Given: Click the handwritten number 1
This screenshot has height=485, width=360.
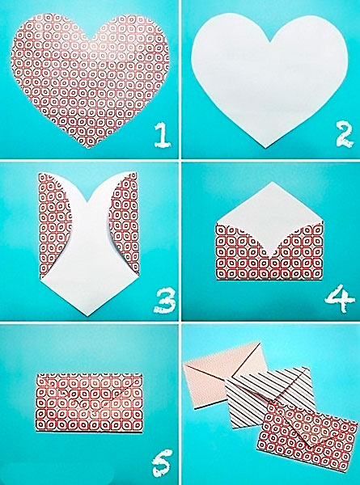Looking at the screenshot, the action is (163, 135).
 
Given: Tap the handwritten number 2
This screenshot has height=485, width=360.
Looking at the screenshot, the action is (345, 135).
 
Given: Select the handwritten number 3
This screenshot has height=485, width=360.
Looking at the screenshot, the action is (164, 301).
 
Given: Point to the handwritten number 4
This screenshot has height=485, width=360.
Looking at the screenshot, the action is (340, 298).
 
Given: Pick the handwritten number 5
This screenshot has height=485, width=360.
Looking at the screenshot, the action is (162, 463).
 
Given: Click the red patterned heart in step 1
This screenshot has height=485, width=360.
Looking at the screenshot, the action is (90, 78).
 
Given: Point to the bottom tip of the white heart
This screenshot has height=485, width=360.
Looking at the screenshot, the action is (265, 148).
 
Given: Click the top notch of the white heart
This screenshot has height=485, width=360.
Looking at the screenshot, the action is (271, 42).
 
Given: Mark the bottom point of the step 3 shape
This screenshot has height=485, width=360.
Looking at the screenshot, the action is (87, 316).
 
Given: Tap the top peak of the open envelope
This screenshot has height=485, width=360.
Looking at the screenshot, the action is (272, 182).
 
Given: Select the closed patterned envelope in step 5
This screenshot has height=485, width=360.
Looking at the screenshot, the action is (90, 402).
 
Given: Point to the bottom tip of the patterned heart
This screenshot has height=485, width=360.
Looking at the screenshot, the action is (88, 148).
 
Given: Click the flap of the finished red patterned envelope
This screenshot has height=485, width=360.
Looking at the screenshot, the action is (297, 420).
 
